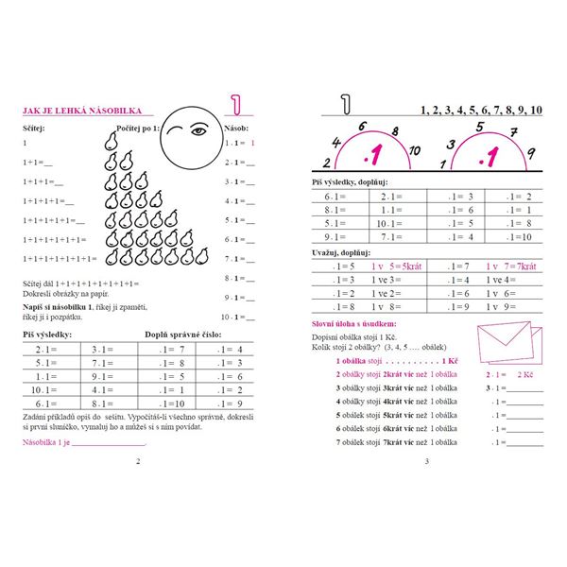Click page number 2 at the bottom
(x=138, y=461)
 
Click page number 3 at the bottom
(x=427, y=461)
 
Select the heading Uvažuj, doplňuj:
(x=341, y=253)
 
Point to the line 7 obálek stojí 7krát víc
(x=389, y=442)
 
